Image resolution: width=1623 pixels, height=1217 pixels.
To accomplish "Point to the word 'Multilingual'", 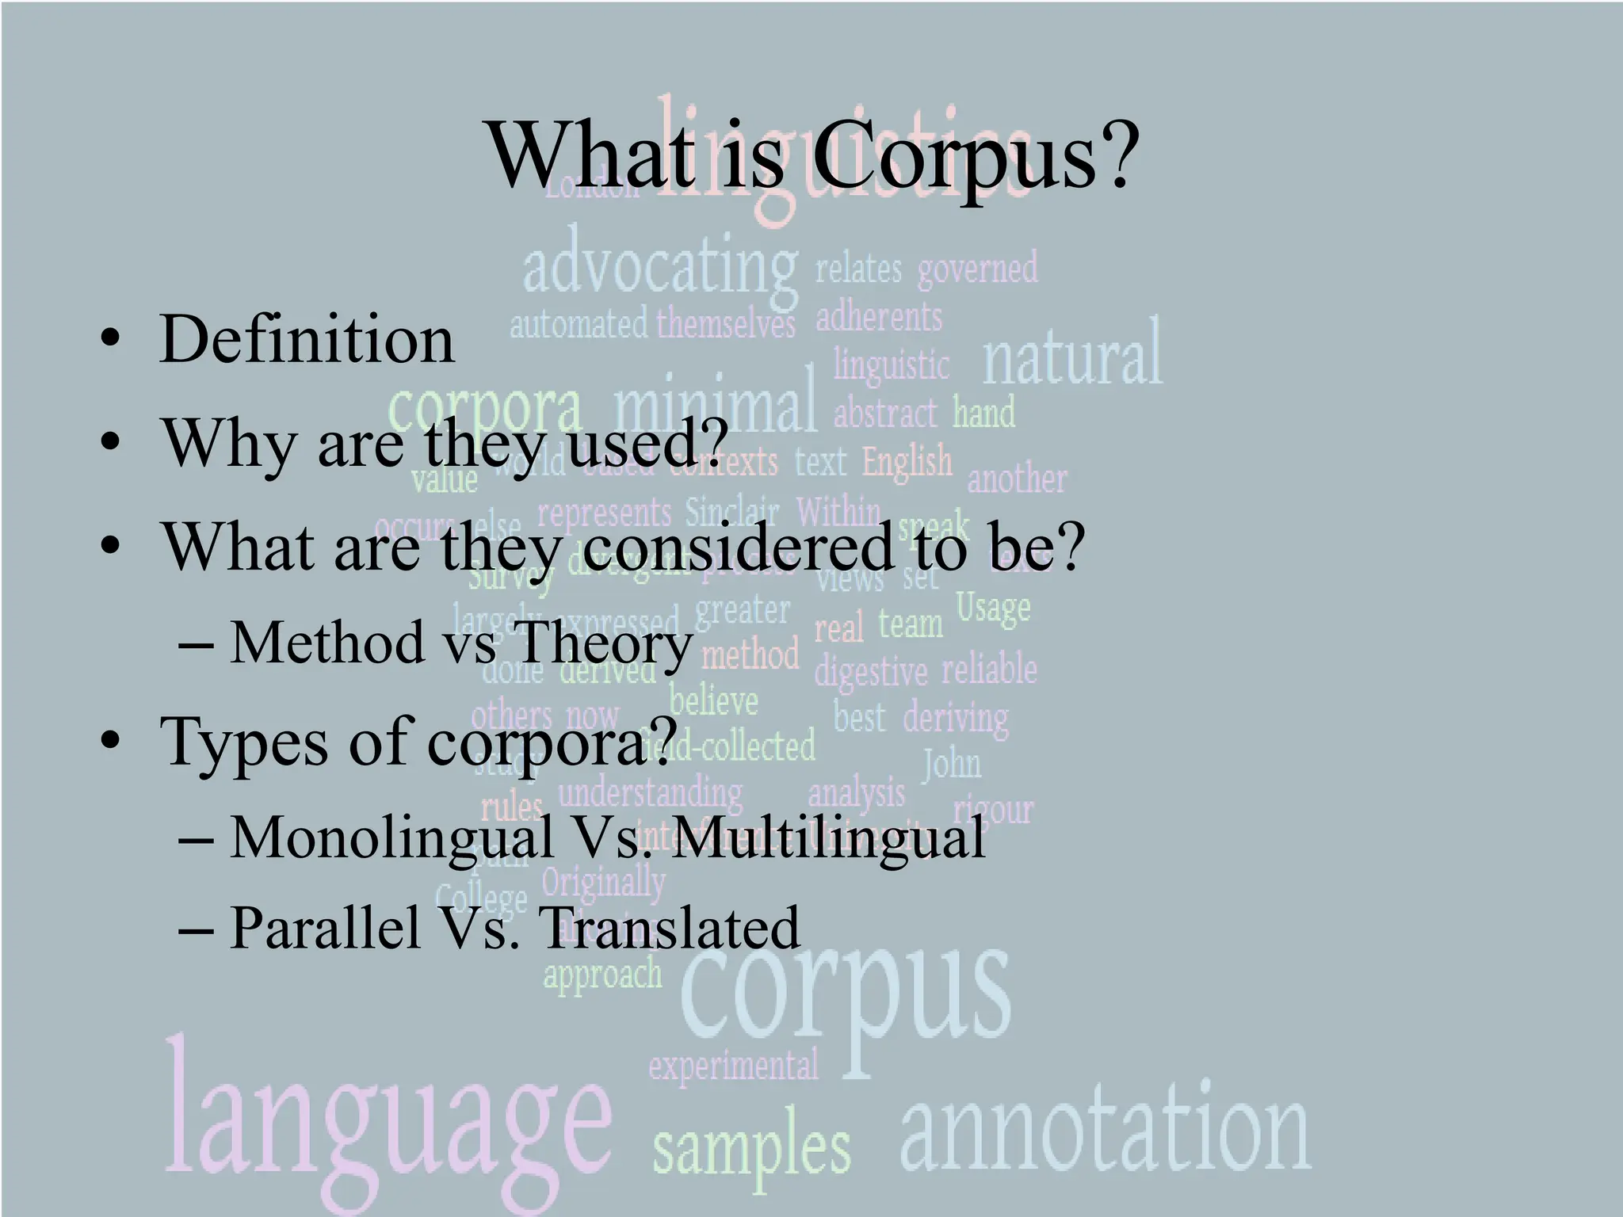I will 831,837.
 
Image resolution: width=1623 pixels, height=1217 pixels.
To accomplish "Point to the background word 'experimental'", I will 734,1066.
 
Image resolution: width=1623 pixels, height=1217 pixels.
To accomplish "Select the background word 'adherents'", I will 879,319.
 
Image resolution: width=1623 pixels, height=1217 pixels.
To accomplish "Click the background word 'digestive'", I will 870,672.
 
